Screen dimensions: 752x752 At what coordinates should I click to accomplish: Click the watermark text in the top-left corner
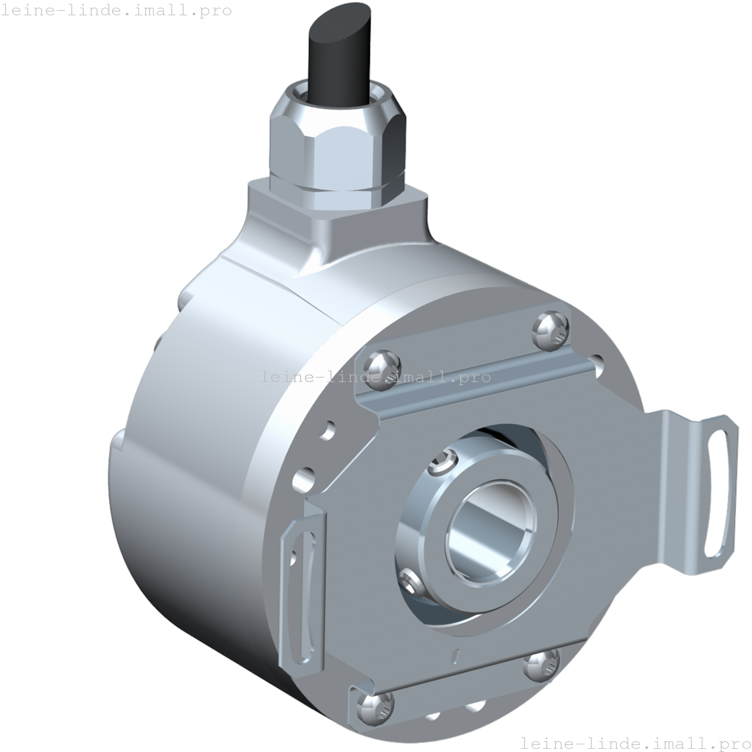117,11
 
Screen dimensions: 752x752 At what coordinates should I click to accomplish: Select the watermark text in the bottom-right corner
635,743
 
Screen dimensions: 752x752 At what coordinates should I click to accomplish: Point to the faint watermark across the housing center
376,377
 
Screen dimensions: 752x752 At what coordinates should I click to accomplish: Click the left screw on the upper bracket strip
383,366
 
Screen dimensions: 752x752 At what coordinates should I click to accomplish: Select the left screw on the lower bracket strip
374,707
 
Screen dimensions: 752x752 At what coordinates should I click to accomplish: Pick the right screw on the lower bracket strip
541,665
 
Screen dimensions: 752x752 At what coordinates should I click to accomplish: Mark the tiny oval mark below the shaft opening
455,654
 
